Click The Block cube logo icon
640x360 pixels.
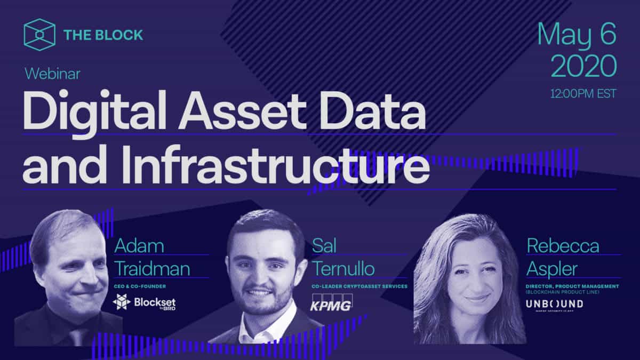tap(39, 34)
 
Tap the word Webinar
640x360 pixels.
tap(52, 74)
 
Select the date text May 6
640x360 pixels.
tap(577, 35)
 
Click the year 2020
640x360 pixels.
tap(583, 67)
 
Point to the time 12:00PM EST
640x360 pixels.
tap(583, 94)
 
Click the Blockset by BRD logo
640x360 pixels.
tap(145, 303)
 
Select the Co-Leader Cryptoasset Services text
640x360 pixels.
tap(359, 286)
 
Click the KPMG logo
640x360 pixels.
tap(331, 303)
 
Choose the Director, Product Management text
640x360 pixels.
tap(573, 286)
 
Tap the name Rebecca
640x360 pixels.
tap(563, 246)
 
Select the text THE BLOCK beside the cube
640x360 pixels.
tap(103, 35)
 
